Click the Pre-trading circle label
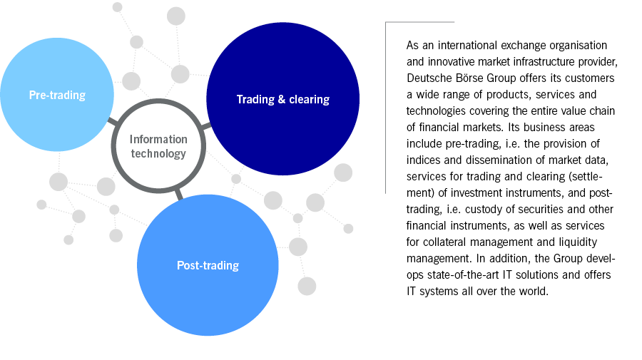pos(57,95)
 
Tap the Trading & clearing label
pos(282,99)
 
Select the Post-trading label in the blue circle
pos(208,266)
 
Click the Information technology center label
pos(158,146)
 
